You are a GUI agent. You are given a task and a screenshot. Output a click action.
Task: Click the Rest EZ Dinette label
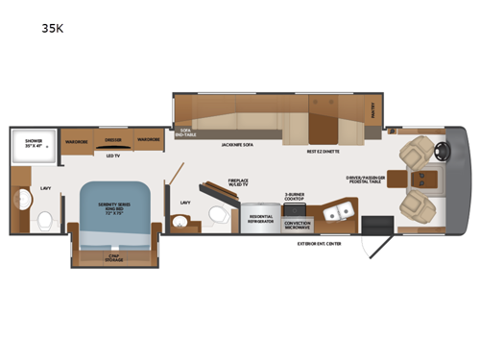tap(323, 152)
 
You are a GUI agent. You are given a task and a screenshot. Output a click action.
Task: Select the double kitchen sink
tap(336, 212)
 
